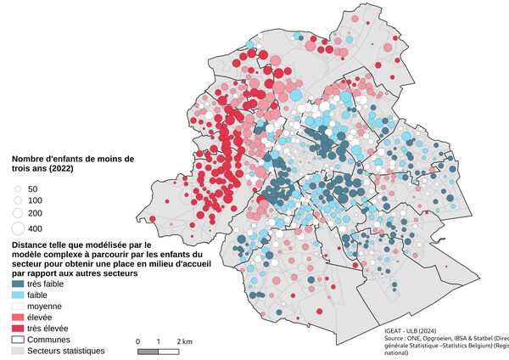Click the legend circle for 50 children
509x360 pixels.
pyautogui.click(x=17, y=188)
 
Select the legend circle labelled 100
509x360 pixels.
pyautogui.click(x=17, y=200)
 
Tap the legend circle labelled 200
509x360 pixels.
pyautogui.click(x=17, y=212)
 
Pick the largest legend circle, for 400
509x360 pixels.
pyautogui.click(x=17, y=228)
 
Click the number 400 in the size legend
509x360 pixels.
pyautogui.click(x=35, y=229)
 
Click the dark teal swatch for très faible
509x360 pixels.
pyautogui.click(x=17, y=284)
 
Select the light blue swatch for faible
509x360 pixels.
pyautogui.click(x=17, y=295)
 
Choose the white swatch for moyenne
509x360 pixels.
pyautogui.click(x=17, y=307)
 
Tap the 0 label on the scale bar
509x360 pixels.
pyautogui.click(x=137, y=340)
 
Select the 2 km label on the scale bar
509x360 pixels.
pyautogui.click(x=184, y=340)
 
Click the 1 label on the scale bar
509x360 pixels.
pyautogui.click(x=159, y=340)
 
